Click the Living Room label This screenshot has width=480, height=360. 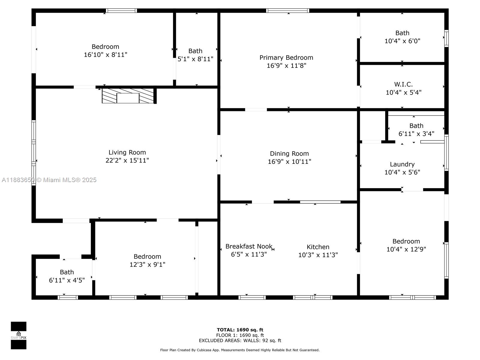(x=127, y=152)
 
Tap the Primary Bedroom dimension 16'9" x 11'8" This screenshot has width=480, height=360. (x=286, y=65)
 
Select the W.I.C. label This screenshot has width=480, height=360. (x=403, y=84)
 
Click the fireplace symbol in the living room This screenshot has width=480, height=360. (x=128, y=96)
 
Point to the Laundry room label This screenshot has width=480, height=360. (x=402, y=164)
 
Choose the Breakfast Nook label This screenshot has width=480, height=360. (x=249, y=246)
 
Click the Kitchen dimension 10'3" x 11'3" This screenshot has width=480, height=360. (x=318, y=255)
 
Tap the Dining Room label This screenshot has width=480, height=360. (x=289, y=154)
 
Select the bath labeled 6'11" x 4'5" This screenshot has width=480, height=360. (x=67, y=276)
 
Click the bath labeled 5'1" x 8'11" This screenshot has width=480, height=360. (x=195, y=55)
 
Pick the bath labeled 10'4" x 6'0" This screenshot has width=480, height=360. (x=402, y=37)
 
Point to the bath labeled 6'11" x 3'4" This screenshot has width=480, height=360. (x=416, y=130)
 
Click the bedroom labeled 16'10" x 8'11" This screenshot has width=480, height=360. (x=105, y=50)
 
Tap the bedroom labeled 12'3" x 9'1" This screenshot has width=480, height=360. (x=147, y=260)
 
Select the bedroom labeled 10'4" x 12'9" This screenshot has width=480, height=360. (x=406, y=245)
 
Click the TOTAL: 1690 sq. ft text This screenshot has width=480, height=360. (x=240, y=330)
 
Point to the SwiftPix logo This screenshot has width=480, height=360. (x=19, y=335)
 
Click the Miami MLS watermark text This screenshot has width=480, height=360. (x=49, y=180)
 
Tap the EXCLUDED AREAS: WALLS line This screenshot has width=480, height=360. (x=240, y=340)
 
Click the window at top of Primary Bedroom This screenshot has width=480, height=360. (x=287, y=11)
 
